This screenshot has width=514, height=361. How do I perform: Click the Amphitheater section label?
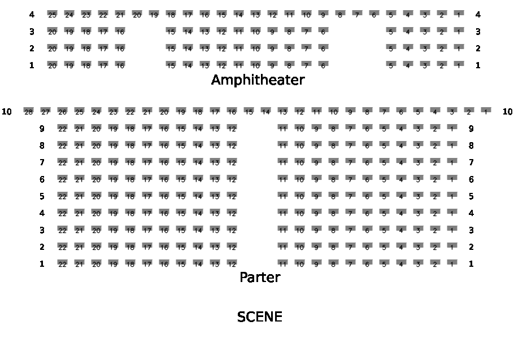tap(258, 80)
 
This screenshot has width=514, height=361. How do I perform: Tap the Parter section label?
tap(260, 277)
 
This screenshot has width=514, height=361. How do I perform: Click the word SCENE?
tap(260, 317)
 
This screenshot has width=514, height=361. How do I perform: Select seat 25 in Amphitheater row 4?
tap(52, 14)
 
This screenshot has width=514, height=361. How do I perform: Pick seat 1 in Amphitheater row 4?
tap(459, 14)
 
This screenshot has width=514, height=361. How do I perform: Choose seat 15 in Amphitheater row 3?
tap(171, 32)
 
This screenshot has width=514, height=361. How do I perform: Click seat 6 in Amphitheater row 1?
tap(323, 65)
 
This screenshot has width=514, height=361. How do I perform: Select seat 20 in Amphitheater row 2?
tap(52, 49)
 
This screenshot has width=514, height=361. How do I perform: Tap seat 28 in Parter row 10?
tap(28, 111)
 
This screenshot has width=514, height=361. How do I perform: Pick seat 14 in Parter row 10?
tap(265, 111)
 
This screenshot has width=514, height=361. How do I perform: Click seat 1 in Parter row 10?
tap(486, 111)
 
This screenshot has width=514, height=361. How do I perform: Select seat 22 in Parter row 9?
tap(62, 128)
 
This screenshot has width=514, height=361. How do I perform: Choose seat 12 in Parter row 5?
tap(232, 196)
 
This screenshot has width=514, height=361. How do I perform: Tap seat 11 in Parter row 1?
tap(282, 263)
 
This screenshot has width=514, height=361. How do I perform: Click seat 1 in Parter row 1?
tap(452, 263)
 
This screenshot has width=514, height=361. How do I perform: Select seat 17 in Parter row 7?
tap(147, 162)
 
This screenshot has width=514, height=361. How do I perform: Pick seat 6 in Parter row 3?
tap(367, 230)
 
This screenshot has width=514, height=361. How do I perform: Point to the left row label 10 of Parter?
tap(7, 112)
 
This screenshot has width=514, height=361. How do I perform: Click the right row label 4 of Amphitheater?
tap(478, 15)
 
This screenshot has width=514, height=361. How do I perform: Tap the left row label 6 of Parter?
tap(42, 179)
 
